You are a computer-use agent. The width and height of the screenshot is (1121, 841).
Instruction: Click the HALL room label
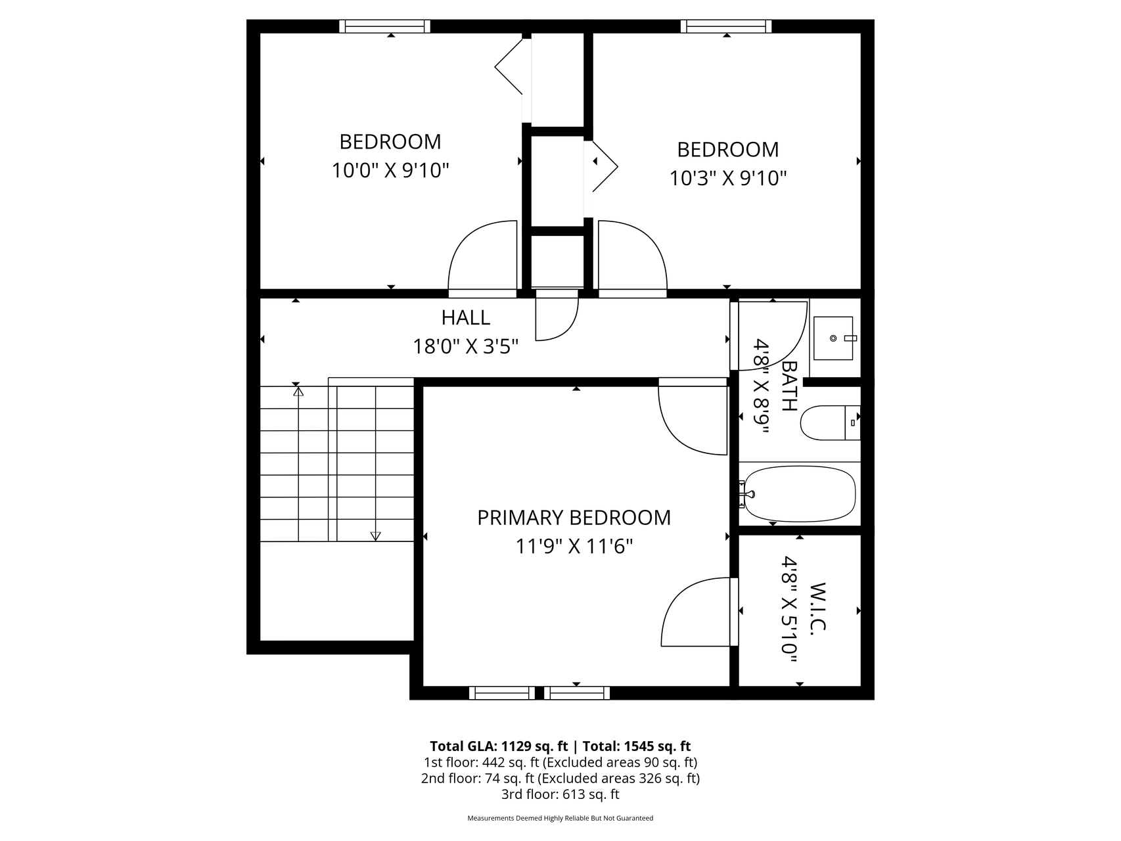(x=465, y=317)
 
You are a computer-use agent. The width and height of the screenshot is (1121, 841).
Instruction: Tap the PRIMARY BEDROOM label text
(x=574, y=518)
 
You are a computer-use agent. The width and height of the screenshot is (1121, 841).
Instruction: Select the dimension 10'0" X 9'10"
(x=390, y=171)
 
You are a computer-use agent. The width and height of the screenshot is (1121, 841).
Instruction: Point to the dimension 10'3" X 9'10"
(x=728, y=178)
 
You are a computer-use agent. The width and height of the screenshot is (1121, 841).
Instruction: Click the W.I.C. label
(x=817, y=608)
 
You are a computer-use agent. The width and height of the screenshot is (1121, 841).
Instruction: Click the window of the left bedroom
(x=385, y=26)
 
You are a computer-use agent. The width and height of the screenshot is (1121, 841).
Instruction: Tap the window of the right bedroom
(x=726, y=26)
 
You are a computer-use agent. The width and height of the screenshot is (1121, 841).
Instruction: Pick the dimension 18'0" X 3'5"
(x=465, y=346)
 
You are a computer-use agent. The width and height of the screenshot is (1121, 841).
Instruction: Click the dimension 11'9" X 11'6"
(x=574, y=546)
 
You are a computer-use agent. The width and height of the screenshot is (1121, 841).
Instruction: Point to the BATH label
(x=789, y=386)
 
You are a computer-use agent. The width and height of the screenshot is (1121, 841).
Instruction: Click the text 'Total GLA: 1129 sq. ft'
(x=499, y=746)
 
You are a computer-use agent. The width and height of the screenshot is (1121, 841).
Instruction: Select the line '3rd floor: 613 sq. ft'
(x=560, y=794)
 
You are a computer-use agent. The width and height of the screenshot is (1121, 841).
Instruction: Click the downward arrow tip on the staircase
(x=375, y=539)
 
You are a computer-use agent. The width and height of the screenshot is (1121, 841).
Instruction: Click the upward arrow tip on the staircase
(x=298, y=388)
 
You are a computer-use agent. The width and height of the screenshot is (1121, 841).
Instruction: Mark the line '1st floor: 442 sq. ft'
(x=560, y=763)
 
